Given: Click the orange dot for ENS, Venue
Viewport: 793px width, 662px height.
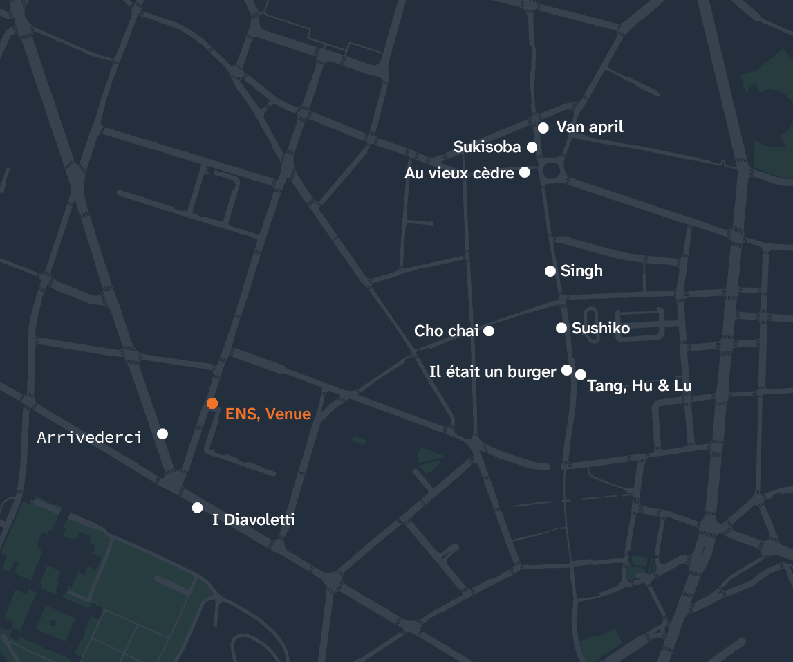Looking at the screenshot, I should pyautogui.click(x=212, y=403).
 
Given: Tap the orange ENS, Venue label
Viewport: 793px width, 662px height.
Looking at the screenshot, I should pyautogui.click(x=268, y=414).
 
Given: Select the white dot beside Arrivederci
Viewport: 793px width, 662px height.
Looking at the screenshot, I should pyautogui.click(x=162, y=434).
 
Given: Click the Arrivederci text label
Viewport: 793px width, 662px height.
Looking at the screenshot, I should pyautogui.click(x=89, y=437).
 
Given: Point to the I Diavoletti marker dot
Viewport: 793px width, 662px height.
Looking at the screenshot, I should pyautogui.click(x=197, y=508).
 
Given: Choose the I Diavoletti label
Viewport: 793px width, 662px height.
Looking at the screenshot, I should pyautogui.click(x=253, y=520).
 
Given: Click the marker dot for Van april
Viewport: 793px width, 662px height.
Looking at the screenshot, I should pyautogui.click(x=543, y=127).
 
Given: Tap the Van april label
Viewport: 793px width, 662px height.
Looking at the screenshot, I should pyautogui.click(x=590, y=127).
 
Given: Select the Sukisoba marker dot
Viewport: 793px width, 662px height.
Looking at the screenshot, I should pyautogui.click(x=532, y=147).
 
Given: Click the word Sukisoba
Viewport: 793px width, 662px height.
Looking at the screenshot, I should pyautogui.click(x=487, y=147).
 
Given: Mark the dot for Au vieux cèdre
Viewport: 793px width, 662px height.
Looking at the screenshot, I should pyautogui.click(x=525, y=172).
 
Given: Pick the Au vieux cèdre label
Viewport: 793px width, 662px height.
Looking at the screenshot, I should pyautogui.click(x=459, y=173).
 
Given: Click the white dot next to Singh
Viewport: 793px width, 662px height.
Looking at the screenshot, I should pyautogui.click(x=550, y=271).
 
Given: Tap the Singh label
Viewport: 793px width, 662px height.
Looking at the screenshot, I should pyautogui.click(x=581, y=270).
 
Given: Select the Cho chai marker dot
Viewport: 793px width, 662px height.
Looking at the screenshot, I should pyautogui.click(x=489, y=331).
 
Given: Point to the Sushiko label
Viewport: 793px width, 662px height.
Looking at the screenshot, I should pyautogui.click(x=601, y=328).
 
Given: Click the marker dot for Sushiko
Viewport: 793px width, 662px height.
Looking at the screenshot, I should pyautogui.click(x=561, y=328).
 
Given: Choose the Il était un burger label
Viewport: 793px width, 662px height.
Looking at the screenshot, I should pyautogui.click(x=492, y=372).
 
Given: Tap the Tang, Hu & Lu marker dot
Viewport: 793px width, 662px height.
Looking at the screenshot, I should pyautogui.click(x=581, y=374).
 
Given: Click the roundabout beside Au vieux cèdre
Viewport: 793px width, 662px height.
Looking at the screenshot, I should pyautogui.click(x=551, y=170).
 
